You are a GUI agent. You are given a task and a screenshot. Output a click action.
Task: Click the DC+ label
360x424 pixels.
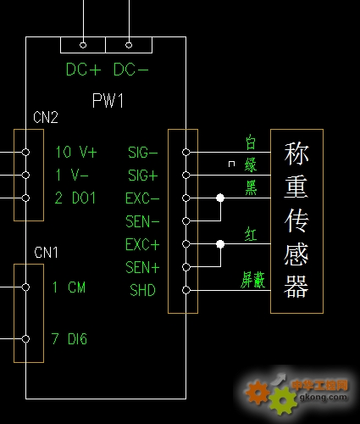click(x=83, y=70)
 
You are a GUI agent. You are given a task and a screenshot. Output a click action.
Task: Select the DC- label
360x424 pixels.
click(x=130, y=70)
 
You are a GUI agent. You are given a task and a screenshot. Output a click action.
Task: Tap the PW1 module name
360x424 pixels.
click(x=108, y=100)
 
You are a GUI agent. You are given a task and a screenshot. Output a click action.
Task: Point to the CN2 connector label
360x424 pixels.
click(x=46, y=117)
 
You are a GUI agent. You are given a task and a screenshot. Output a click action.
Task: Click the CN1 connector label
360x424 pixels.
click(x=46, y=252)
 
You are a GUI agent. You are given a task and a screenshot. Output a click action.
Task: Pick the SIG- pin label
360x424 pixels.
click(x=143, y=153)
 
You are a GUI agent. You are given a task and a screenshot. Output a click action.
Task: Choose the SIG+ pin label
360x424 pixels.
click(x=143, y=176)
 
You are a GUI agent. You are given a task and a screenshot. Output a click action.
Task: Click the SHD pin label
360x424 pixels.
click(x=143, y=290)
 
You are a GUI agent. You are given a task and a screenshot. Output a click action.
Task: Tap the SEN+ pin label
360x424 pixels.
click(x=142, y=267)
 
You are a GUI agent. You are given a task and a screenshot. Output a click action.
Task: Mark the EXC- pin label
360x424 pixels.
click(x=142, y=198)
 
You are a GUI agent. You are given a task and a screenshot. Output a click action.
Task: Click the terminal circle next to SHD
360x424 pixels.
click(x=186, y=290)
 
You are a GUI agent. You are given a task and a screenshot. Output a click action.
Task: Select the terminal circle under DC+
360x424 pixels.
click(x=83, y=45)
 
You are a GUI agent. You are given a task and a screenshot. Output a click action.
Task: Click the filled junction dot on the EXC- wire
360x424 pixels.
click(x=220, y=198)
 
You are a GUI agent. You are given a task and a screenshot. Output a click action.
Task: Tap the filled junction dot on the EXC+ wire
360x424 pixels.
click(x=220, y=244)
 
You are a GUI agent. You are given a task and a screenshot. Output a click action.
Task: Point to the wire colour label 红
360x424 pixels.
click(x=251, y=234)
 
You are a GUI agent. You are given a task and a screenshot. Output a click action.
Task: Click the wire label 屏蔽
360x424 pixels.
click(x=253, y=280)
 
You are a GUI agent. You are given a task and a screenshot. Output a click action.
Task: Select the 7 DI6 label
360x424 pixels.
click(x=69, y=338)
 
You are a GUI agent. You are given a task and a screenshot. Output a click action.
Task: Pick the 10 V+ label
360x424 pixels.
click(x=76, y=152)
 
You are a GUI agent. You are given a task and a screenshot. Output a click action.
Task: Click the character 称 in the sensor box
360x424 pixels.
click(x=296, y=153)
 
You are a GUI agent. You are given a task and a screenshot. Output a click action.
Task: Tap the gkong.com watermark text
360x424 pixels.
click(x=324, y=397)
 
